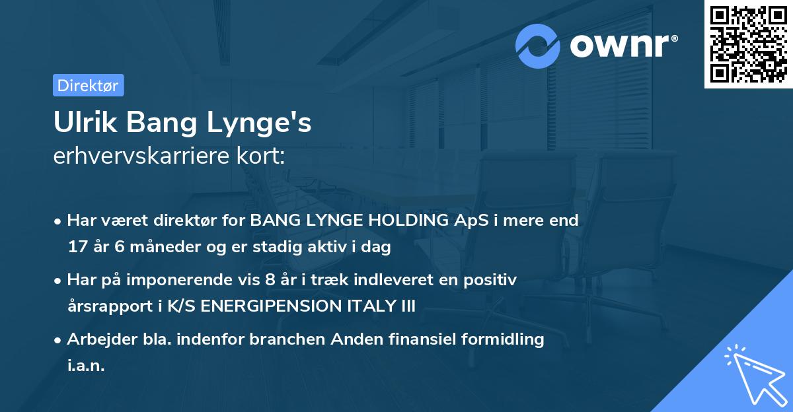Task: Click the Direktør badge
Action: click(x=88, y=85)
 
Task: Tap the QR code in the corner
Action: click(x=748, y=44)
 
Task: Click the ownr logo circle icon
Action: click(x=538, y=46)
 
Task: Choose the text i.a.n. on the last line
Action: click(x=86, y=366)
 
